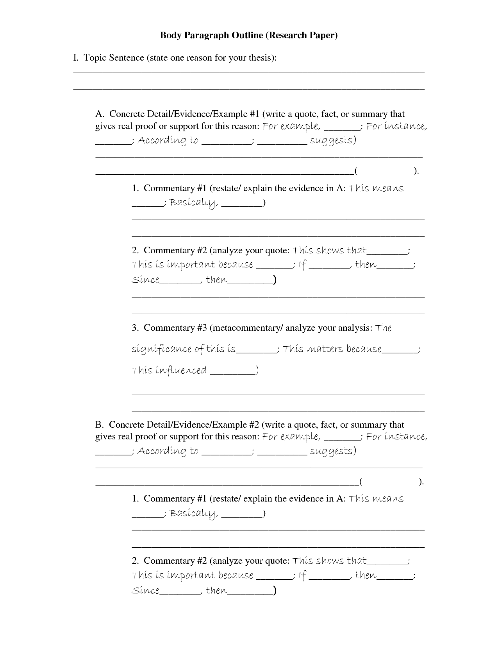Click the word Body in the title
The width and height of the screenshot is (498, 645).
point(170,36)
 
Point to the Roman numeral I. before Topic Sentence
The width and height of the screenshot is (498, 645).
point(76,58)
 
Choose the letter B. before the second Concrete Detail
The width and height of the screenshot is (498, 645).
point(99,425)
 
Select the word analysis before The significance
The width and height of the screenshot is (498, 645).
point(353,328)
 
